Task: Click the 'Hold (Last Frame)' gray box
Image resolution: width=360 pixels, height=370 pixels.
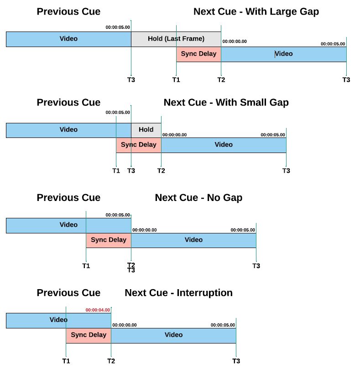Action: coord(176,39)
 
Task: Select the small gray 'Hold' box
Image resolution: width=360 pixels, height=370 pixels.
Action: coord(146,130)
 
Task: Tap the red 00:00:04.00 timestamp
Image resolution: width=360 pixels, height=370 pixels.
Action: coord(98,310)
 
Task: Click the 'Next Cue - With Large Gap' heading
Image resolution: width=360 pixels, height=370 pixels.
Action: coord(256,11)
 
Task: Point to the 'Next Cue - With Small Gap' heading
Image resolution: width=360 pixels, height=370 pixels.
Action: coord(226,102)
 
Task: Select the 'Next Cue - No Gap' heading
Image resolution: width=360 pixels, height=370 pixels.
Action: coord(198,198)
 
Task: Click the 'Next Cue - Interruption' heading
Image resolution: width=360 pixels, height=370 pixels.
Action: coord(178,293)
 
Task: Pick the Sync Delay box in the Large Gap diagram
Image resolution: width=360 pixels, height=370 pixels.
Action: coord(199,54)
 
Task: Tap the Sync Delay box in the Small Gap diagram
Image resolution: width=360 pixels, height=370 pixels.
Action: coord(139,145)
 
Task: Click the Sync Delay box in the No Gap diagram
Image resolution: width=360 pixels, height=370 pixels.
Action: coord(109,240)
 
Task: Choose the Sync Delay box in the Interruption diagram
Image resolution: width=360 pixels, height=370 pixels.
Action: coord(89,336)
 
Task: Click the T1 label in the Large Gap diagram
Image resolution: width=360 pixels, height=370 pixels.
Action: coord(176,80)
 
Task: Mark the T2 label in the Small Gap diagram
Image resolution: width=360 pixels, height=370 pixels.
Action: coord(161,170)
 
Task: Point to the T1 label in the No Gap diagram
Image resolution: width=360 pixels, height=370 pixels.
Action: coord(86,266)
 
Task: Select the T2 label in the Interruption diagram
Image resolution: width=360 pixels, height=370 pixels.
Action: coord(111,361)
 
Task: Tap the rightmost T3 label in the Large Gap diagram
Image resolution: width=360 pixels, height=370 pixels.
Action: coord(346,80)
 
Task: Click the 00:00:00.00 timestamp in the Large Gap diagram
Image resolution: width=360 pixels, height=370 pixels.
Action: coord(235,42)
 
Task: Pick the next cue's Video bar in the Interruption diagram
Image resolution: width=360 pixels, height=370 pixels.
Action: coord(173,336)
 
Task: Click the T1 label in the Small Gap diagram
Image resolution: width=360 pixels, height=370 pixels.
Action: coord(116,170)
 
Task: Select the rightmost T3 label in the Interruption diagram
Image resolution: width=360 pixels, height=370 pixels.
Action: coord(236,361)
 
